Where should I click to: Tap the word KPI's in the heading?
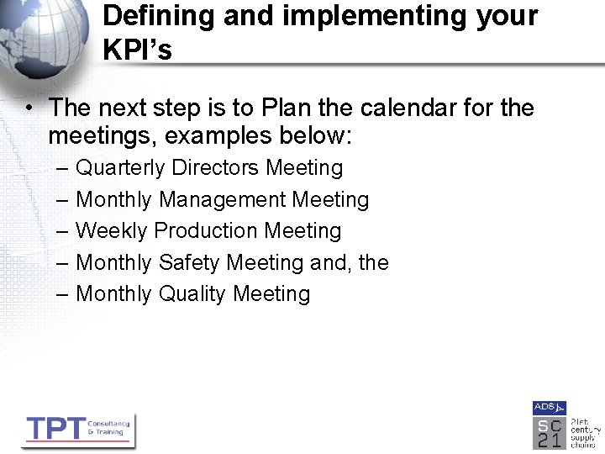click(x=137, y=50)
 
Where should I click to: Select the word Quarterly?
click(x=120, y=168)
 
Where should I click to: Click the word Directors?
click(x=216, y=168)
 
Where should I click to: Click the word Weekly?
click(x=112, y=230)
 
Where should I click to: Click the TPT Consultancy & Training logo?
click(x=77, y=429)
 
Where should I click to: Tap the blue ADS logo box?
click(x=549, y=408)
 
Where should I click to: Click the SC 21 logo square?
click(x=549, y=432)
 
